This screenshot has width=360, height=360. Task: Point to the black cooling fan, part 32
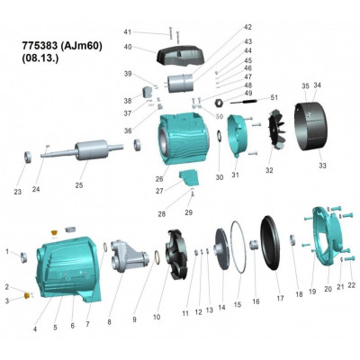[x=274, y=130]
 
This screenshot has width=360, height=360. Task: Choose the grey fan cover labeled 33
[x=316, y=130]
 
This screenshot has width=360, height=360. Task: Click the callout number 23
[x=18, y=191]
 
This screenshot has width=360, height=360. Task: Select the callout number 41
[x=127, y=32]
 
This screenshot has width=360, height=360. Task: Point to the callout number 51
[x=274, y=97]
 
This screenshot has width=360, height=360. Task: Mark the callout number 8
[x=110, y=321]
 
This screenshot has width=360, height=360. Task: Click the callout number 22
[x=352, y=285]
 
